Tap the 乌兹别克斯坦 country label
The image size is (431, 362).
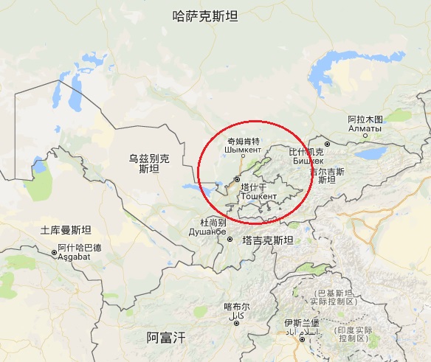[x=149, y=163]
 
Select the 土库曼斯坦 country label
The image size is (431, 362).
[x=66, y=230]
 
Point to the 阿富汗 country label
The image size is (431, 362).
[x=166, y=338]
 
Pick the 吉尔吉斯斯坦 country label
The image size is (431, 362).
[x=327, y=175]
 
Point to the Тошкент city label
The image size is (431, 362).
[x=259, y=197]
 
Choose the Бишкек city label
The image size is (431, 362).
[x=308, y=160]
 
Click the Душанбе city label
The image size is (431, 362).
[x=207, y=232]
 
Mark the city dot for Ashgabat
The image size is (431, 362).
[x=54, y=252]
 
